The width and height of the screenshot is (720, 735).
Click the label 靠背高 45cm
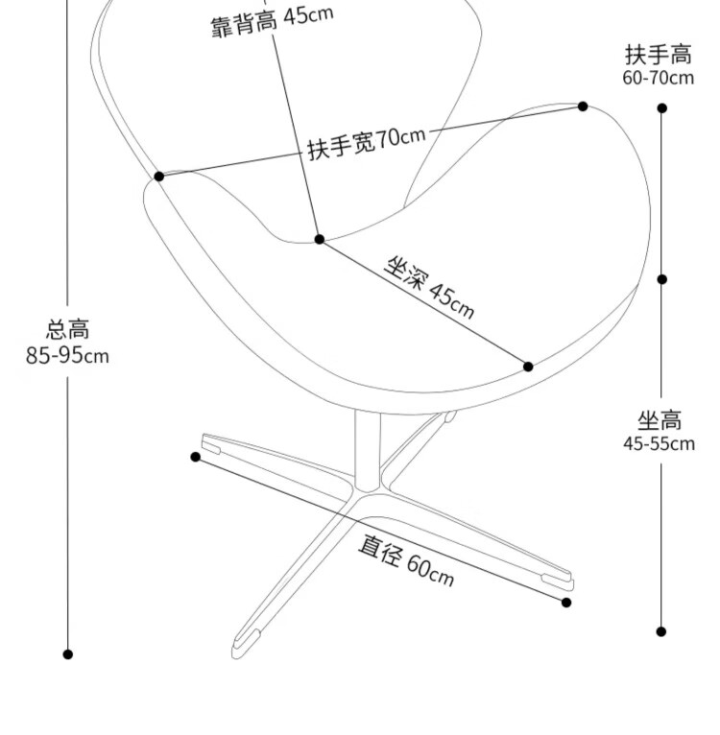coord(272,20)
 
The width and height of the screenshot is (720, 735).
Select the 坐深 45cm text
coord(429,286)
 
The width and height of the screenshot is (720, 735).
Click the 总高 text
coord(68,330)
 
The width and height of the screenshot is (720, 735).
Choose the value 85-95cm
coord(68,356)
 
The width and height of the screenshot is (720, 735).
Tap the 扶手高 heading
coord(659,54)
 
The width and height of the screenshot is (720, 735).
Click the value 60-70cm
coord(659,78)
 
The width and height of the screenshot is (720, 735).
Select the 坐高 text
coord(660,419)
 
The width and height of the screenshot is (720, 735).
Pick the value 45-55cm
coord(660,443)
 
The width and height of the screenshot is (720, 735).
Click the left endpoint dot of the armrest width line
coord(159,177)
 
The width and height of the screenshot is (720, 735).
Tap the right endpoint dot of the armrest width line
coord(583,107)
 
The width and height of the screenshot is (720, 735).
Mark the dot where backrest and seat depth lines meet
coord(320,239)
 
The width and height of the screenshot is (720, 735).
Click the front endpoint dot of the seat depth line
coord(528,367)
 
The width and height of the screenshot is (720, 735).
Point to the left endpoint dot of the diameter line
coord(196,457)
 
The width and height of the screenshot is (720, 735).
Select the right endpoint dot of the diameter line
coord(566,603)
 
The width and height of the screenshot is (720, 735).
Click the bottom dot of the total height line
coord(68,654)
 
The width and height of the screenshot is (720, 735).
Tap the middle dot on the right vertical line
coord(661,279)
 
